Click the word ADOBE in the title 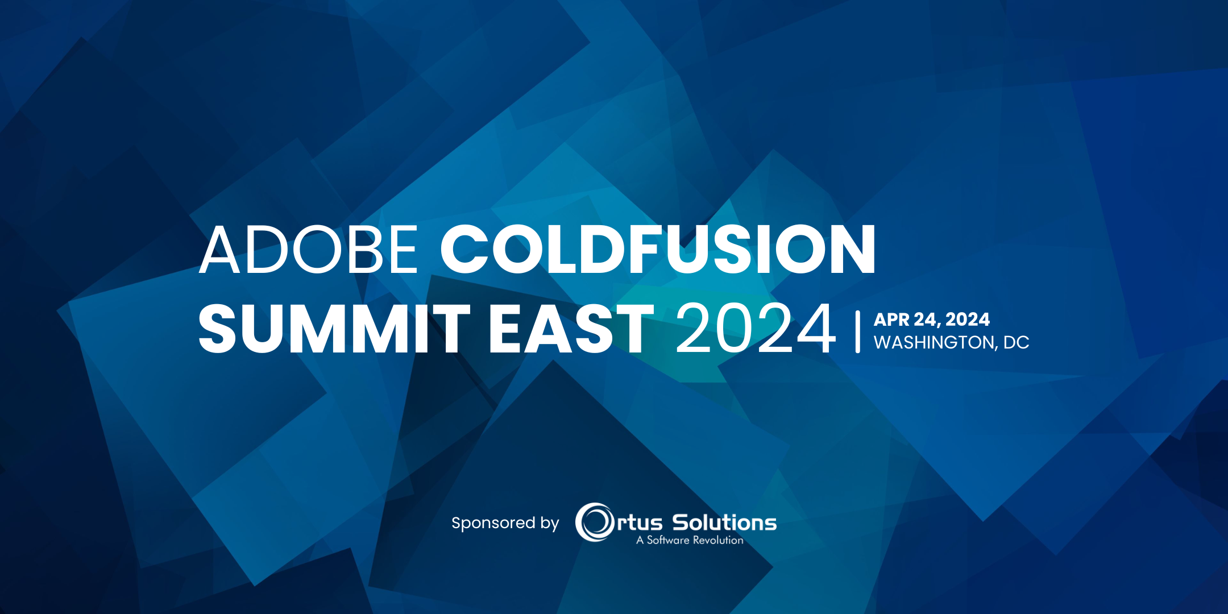[x=309, y=250]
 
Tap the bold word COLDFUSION [x=658, y=250]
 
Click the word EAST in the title [x=571, y=329]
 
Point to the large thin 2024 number [x=756, y=329]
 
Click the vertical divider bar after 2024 [x=857, y=331]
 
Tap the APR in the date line [x=891, y=320]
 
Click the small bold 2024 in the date [x=968, y=320]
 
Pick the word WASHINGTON [x=933, y=343]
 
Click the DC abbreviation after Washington [x=1017, y=343]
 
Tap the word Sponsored [x=493, y=523]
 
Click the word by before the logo [x=550, y=523]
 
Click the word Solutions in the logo [x=724, y=522]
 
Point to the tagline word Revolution [x=718, y=540]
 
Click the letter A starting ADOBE [x=219, y=250]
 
